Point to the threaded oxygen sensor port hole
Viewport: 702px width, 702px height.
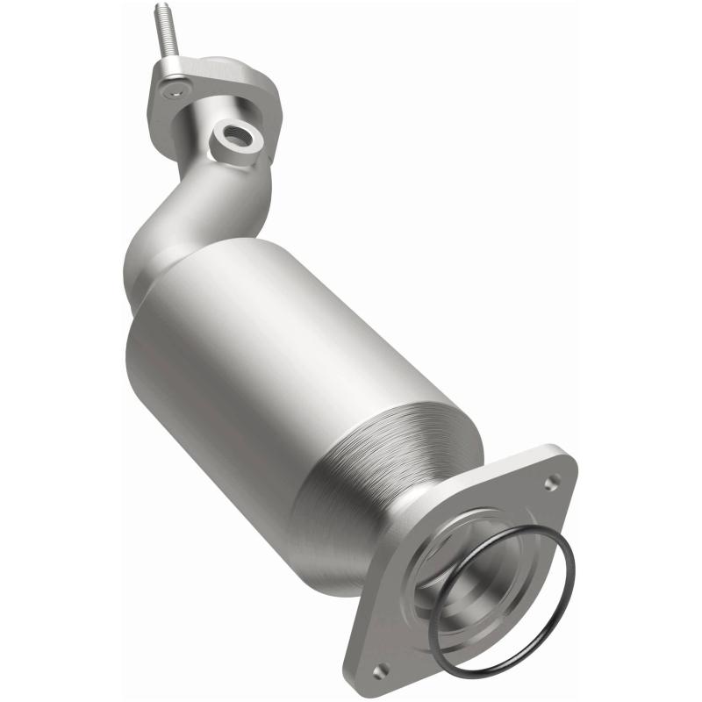click(236, 134)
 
